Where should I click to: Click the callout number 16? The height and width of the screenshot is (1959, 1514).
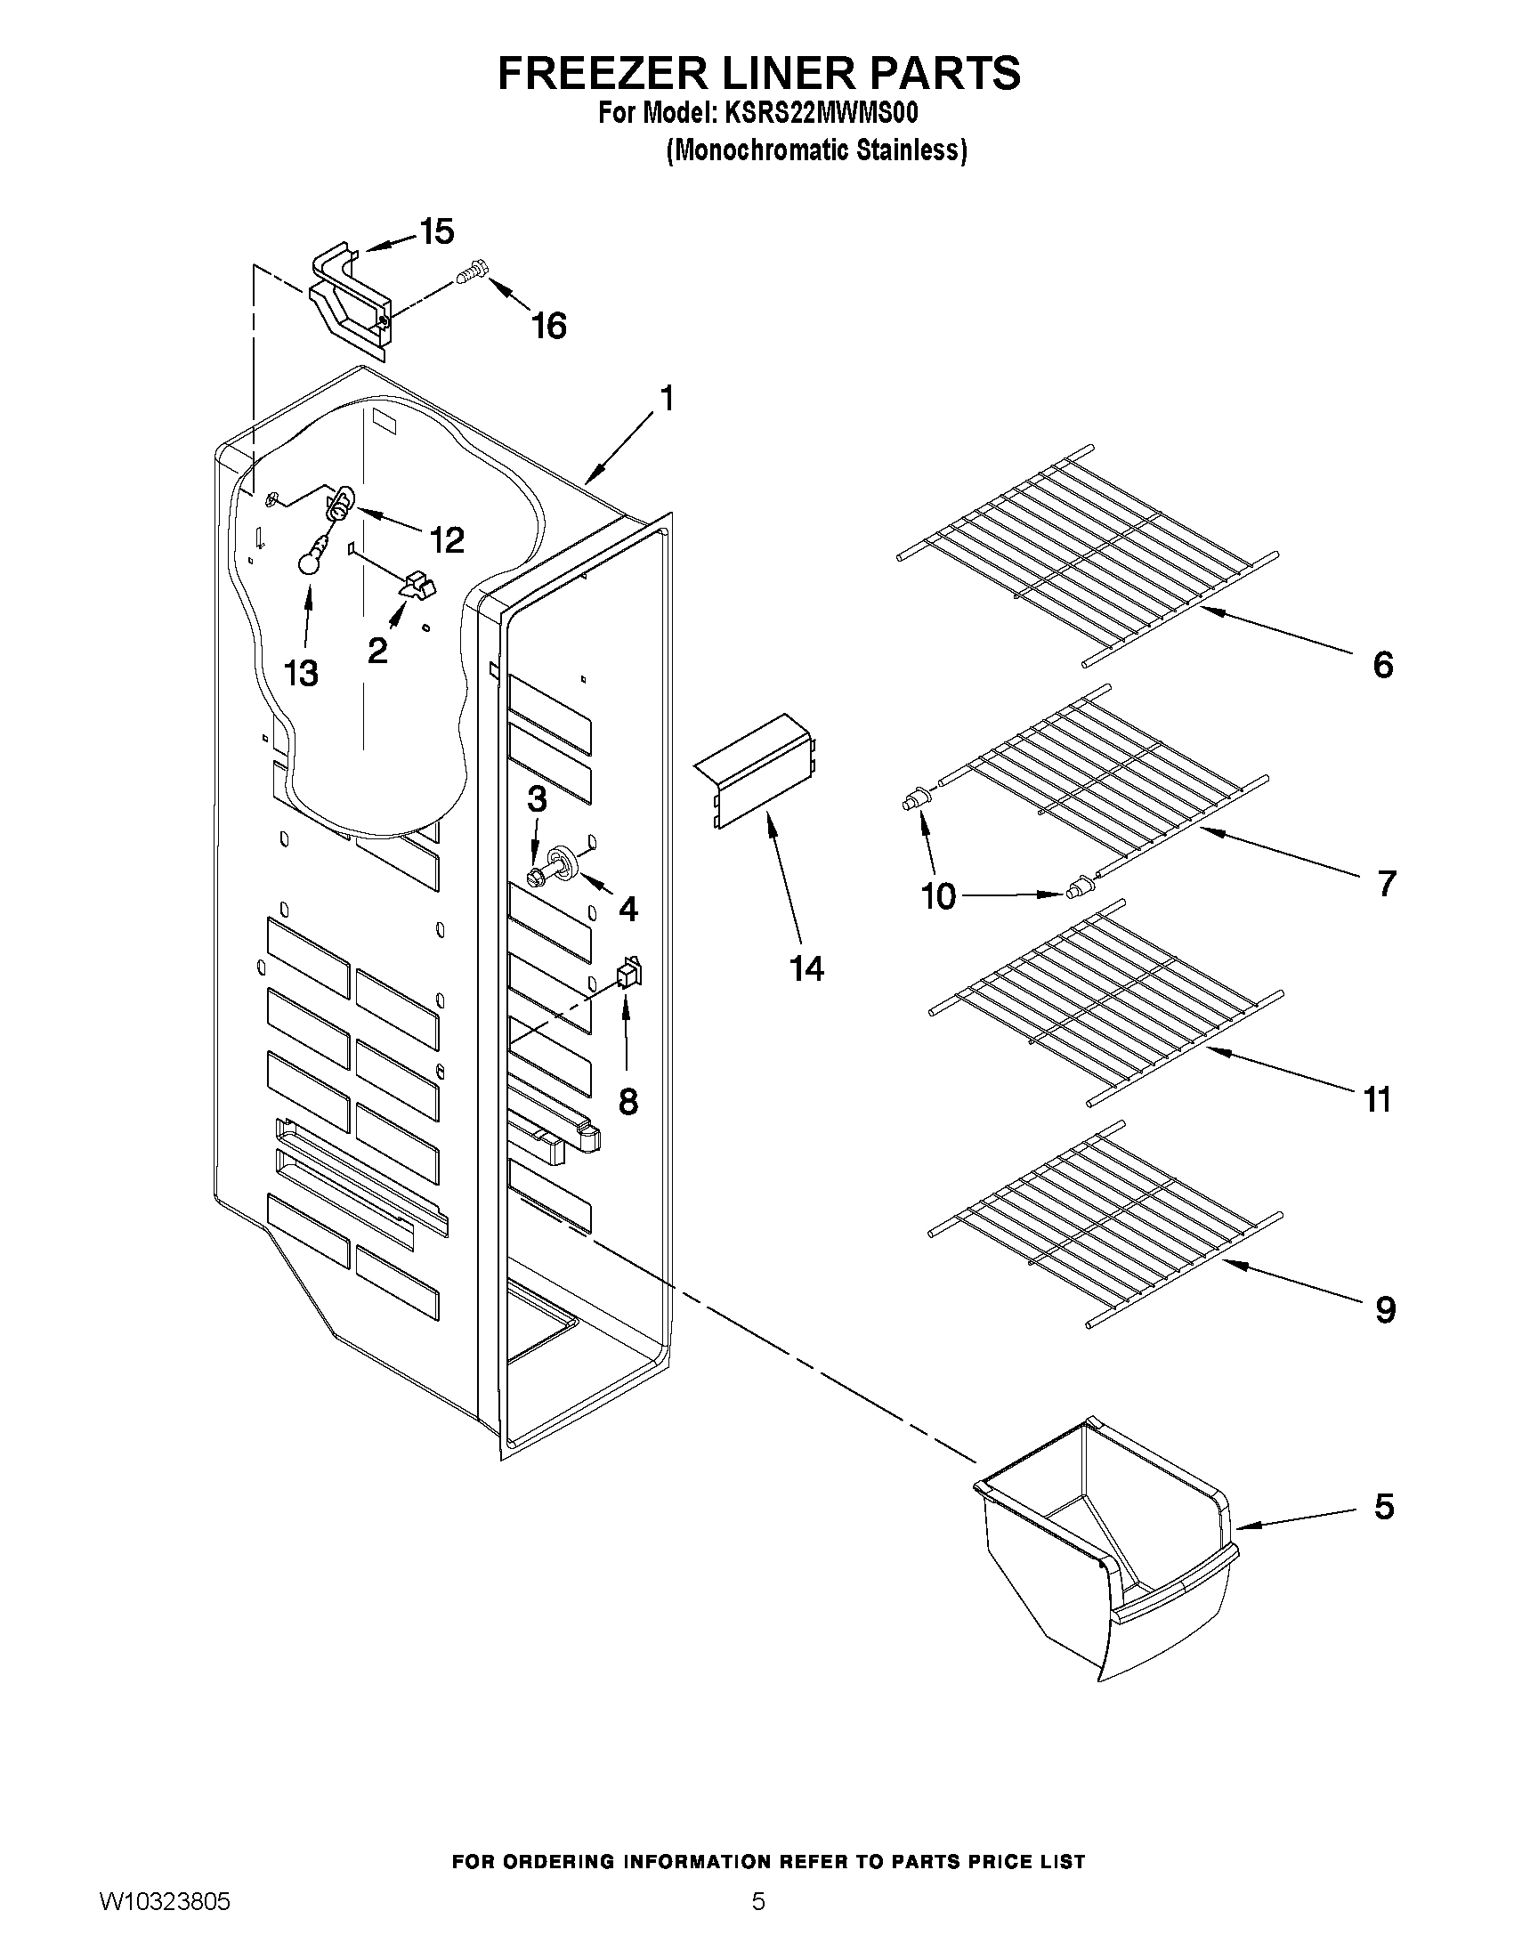(548, 327)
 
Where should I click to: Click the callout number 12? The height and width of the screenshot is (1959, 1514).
(446, 540)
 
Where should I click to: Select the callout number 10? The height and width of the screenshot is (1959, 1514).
(939, 896)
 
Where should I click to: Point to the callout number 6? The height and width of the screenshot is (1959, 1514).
(1383, 665)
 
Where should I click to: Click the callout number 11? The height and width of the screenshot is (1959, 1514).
(1378, 1098)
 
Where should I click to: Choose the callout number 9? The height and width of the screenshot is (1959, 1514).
(1385, 1310)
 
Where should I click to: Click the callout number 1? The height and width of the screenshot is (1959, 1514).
(666, 397)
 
